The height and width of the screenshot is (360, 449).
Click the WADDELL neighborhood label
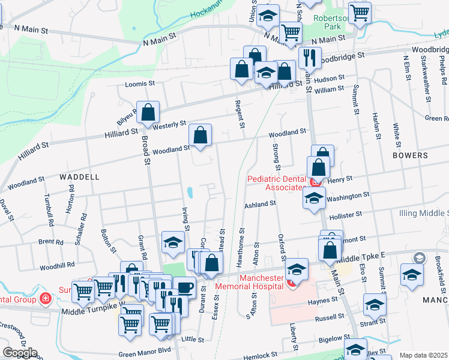click(79, 177)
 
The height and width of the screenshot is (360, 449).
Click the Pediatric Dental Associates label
click(276, 183)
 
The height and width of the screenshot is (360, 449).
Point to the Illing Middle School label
click(424, 213)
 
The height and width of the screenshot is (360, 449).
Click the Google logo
click(19, 353)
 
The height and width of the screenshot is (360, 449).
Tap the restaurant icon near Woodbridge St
click(310, 58)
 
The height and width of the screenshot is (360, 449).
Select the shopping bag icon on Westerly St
click(148, 112)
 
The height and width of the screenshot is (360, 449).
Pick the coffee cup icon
click(184, 288)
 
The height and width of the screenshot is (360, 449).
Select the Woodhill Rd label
click(56, 265)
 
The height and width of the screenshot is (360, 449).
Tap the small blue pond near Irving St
click(190, 193)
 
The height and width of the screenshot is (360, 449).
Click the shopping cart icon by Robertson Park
click(360, 12)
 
